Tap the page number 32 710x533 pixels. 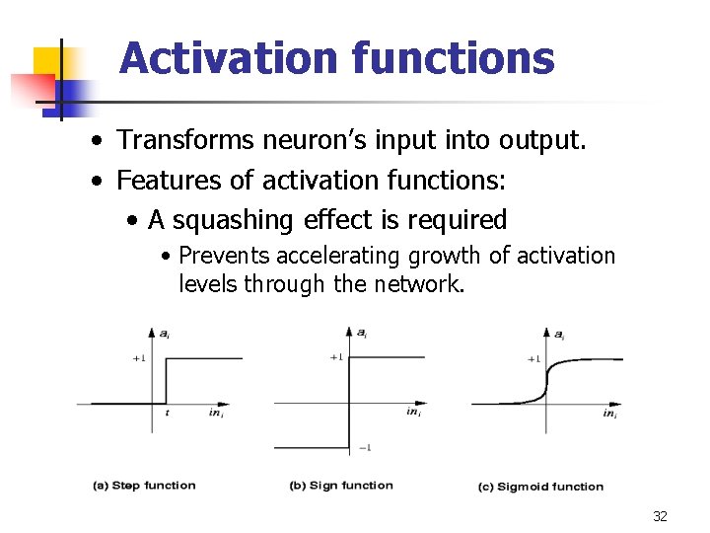tap(660, 516)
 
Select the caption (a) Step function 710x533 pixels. tap(144, 485)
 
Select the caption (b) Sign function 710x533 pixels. tap(341, 485)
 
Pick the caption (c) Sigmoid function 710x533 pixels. tap(540, 486)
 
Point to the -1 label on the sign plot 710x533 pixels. tap(364, 448)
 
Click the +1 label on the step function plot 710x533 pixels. tap(139, 358)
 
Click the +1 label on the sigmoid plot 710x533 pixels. tap(533, 358)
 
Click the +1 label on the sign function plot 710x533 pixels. tap(336, 356)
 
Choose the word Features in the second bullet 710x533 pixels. tap(161, 181)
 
